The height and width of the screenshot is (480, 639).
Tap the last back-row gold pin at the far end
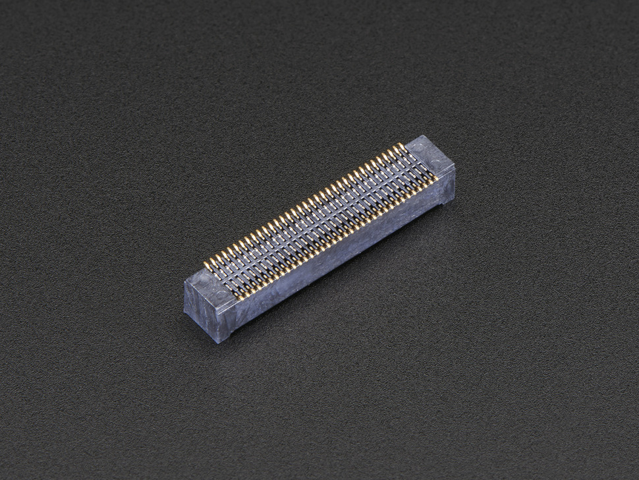tap(401, 146)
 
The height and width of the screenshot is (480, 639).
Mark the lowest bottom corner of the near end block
tap(219, 342)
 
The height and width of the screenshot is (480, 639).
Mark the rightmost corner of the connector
tap(455, 168)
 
